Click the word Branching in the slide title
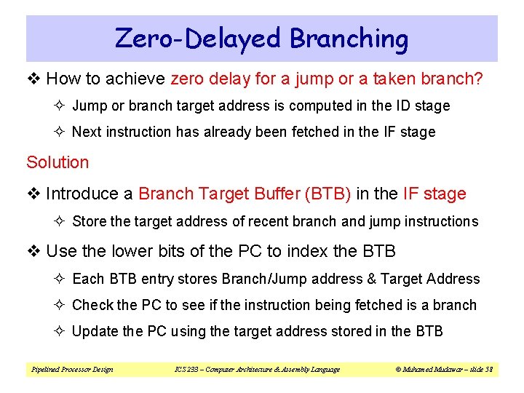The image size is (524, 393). click(x=349, y=39)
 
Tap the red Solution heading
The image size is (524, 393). click(x=57, y=162)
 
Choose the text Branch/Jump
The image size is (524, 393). click(x=263, y=279)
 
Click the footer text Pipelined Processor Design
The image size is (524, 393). click(x=72, y=369)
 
